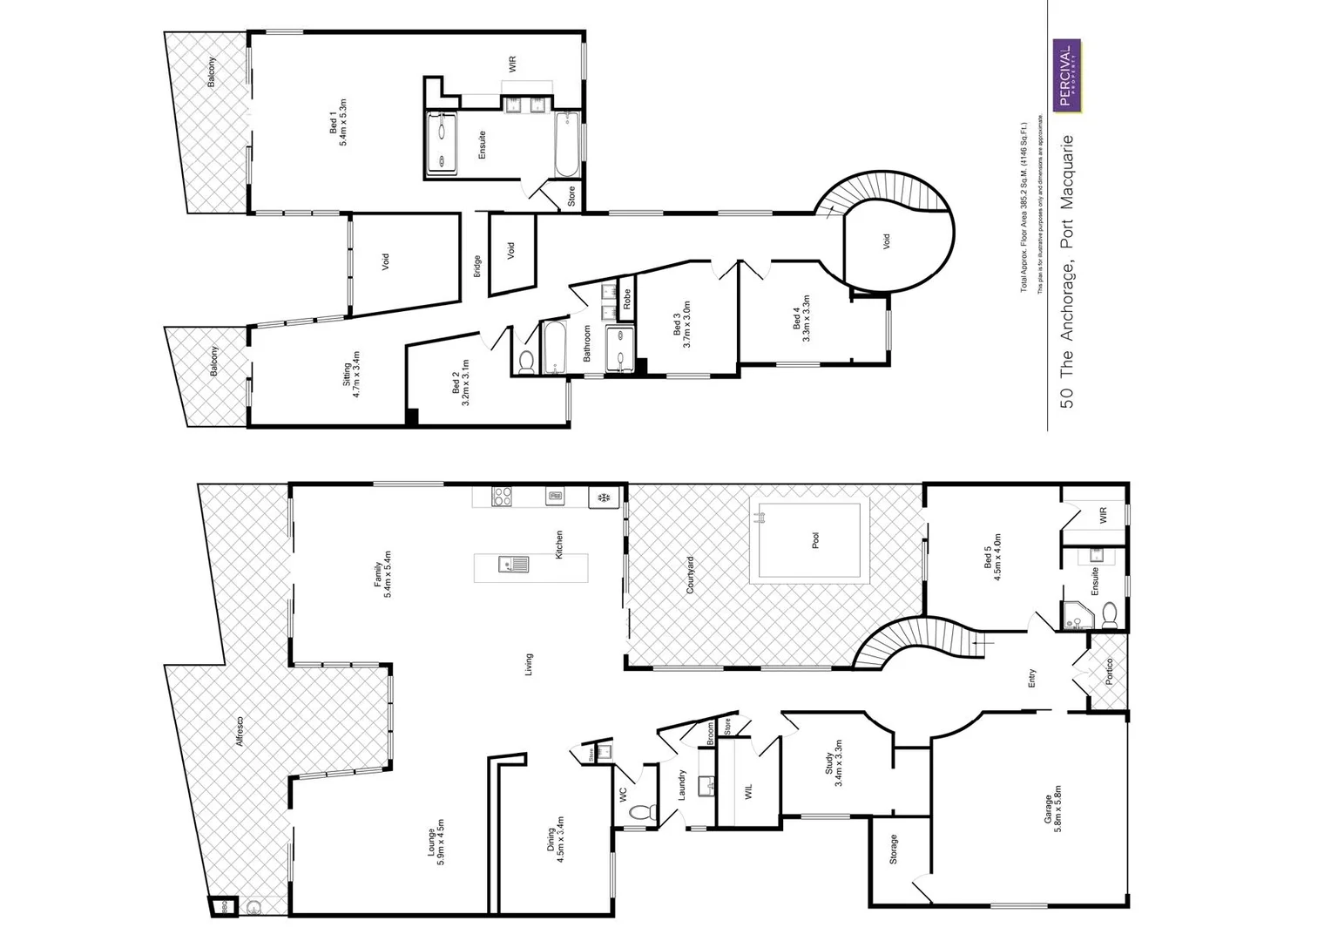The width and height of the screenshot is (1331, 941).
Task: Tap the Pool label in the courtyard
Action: (815, 541)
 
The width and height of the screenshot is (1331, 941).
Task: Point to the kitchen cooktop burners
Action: (503, 497)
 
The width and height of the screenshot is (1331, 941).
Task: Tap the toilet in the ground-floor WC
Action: (640, 813)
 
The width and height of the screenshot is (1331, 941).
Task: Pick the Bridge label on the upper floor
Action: (477, 266)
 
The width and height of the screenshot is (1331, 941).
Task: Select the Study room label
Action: (834, 764)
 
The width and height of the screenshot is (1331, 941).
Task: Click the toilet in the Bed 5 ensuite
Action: (1109, 617)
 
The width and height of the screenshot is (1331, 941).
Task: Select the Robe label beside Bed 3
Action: (626, 299)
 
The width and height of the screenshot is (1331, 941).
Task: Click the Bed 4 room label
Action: (801, 318)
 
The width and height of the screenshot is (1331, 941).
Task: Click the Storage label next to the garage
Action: (893, 849)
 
